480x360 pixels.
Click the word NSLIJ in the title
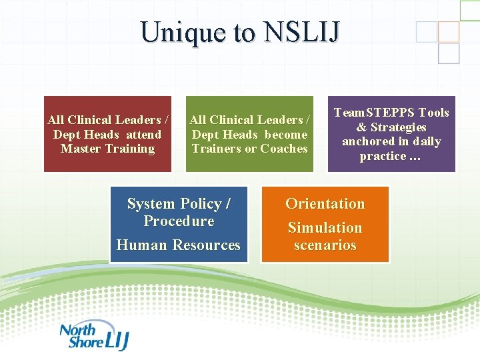[x=303, y=32]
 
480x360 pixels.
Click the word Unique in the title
[x=174, y=32]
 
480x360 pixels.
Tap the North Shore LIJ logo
[x=93, y=336]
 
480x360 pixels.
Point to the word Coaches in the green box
[x=285, y=149]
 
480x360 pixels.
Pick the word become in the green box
[x=285, y=135]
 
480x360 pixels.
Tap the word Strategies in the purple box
[x=399, y=127]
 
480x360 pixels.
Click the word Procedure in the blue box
[x=179, y=221]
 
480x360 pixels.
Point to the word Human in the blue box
[x=141, y=245]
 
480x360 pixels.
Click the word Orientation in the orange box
[x=325, y=204]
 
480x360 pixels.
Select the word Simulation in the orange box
[x=325, y=228]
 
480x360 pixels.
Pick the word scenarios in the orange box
[x=325, y=245]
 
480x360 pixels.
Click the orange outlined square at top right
[x=449, y=31]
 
